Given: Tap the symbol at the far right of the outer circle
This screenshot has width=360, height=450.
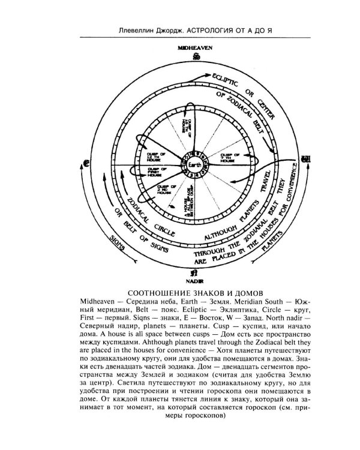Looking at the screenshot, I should click(x=305, y=160).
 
